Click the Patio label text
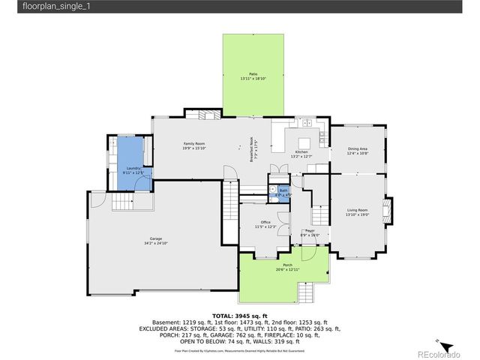[x=253, y=73]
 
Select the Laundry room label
[x=133, y=168]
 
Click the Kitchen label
[x=301, y=152]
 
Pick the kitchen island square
[x=304, y=142]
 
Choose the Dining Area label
[x=357, y=149]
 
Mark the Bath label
[x=283, y=190]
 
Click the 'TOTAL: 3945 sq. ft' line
[x=239, y=316]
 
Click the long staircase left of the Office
[x=229, y=214]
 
